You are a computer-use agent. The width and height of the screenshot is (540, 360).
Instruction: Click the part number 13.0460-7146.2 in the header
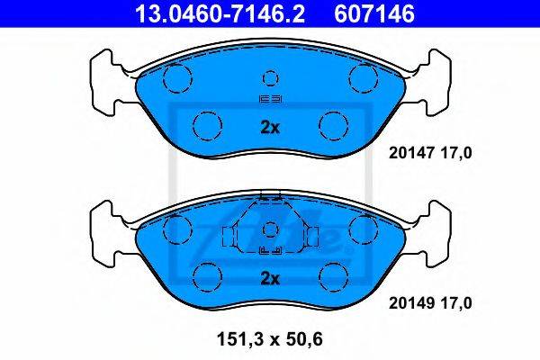point(220,13)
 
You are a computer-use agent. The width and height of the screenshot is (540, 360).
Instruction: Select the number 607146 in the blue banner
point(374,13)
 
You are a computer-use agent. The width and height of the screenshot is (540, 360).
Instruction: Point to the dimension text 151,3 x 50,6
point(270,339)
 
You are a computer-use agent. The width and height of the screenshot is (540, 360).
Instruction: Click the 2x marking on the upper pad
point(270,128)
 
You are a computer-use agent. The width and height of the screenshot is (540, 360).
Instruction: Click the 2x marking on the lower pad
point(270,278)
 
